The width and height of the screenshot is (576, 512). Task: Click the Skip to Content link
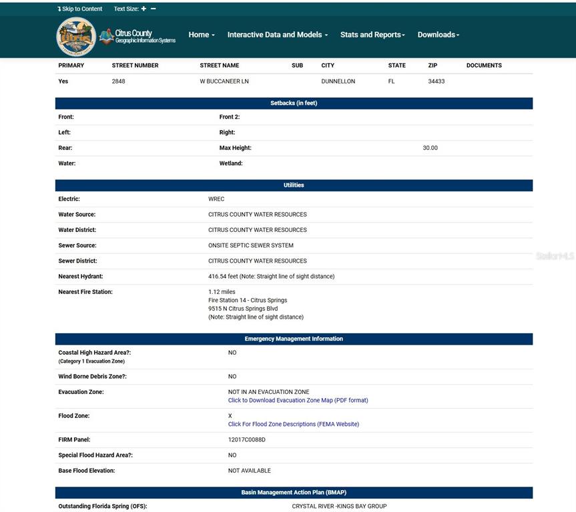click(80, 9)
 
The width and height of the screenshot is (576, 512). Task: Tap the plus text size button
click(143, 9)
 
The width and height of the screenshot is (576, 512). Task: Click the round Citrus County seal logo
click(76, 36)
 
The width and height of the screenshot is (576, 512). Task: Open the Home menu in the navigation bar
click(201, 35)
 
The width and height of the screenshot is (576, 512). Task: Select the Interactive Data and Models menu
click(277, 35)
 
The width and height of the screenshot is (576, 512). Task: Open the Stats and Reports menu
click(372, 35)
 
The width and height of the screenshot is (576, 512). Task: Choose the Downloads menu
click(439, 35)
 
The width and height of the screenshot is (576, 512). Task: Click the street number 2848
click(119, 81)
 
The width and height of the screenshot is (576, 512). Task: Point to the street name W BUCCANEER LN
click(224, 81)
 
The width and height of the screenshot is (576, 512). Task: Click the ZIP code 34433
click(437, 81)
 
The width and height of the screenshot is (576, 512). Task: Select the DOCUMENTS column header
click(484, 65)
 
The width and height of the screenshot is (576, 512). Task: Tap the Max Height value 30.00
click(430, 148)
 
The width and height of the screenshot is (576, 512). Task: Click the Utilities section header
click(294, 185)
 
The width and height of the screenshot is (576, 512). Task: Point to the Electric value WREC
click(216, 199)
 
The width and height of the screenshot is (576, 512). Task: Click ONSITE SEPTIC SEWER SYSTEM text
click(251, 245)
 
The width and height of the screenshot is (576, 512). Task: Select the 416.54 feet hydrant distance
click(271, 276)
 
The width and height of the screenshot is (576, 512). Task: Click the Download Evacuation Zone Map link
click(298, 401)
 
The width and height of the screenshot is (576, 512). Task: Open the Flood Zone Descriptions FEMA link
click(293, 424)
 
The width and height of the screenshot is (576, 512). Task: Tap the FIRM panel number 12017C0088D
click(247, 440)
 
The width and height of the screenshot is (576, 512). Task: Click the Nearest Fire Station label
click(85, 292)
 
